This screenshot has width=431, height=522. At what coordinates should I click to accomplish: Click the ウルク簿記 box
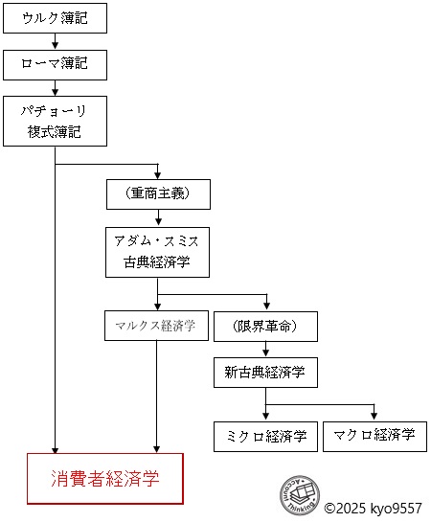[55, 18]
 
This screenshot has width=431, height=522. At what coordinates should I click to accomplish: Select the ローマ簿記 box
[55, 64]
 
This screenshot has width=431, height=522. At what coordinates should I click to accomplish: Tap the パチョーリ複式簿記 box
[55, 121]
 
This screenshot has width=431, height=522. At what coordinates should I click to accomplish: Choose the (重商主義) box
[158, 193]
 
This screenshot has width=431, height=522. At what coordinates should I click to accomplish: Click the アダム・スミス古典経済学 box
[158, 253]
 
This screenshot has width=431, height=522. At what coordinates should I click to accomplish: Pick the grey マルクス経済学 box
[156, 325]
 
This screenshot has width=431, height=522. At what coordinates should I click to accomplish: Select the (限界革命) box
[265, 325]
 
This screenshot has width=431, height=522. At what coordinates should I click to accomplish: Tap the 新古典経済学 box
[265, 372]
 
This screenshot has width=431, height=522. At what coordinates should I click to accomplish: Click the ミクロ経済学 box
[265, 436]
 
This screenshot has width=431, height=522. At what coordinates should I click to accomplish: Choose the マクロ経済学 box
[374, 436]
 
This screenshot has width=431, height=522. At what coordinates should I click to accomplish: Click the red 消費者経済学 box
[105, 479]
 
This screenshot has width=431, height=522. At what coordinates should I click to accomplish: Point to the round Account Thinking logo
[299, 494]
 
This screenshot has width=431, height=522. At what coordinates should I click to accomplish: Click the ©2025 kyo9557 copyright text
[374, 509]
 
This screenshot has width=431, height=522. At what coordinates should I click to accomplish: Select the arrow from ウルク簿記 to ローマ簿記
[55, 41]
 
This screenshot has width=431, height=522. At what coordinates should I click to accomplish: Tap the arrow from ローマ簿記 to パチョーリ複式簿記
[55, 87]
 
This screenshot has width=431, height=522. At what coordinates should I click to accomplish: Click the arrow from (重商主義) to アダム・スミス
[158, 217]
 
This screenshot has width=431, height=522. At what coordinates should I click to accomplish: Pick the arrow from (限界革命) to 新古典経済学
[265, 349]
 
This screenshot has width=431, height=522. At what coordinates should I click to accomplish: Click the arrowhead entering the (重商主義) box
[158, 173]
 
